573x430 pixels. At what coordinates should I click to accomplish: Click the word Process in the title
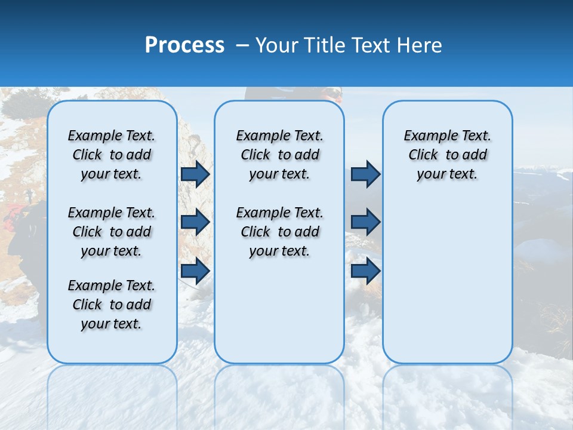pyautogui.click(x=184, y=45)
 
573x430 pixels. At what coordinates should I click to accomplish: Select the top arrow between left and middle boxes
pyautogui.click(x=195, y=174)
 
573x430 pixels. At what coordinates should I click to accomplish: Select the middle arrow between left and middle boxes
pyautogui.click(x=195, y=222)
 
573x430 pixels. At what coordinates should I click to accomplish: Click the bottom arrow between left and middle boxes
pyautogui.click(x=195, y=271)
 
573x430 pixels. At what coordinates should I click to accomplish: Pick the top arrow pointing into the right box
pyautogui.click(x=365, y=174)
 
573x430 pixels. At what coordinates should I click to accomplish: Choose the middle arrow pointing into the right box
pyautogui.click(x=365, y=222)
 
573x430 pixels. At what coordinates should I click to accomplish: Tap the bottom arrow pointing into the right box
pyautogui.click(x=365, y=271)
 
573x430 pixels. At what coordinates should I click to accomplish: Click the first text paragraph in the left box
pyautogui.click(x=112, y=155)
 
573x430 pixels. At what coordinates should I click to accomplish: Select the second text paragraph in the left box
pyautogui.click(x=112, y=232)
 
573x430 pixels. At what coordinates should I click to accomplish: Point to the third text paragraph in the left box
pyautogui.click(x=112, y=305)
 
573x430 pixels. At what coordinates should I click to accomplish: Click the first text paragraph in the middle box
pyautogui.click(x=279, y=155)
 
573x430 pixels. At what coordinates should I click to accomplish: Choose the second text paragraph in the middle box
pyautogui.click(x=279, y=232)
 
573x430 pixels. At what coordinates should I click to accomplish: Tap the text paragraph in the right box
pyautogui.click(x=448, y=155)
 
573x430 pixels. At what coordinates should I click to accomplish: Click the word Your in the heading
pyautogui.click(x=276, y=45)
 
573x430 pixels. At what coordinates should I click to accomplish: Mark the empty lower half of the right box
pyautogui.click(x=448, y=287)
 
